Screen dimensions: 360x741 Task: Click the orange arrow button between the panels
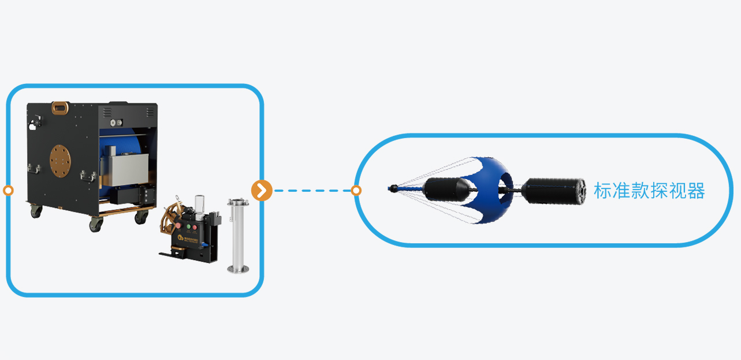click(262, 190)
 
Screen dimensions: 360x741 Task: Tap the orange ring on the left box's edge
click(8, 190)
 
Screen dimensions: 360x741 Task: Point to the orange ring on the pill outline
click(356, 190)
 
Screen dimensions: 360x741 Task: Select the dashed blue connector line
click(312, 190)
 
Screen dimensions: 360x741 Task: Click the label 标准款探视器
click(649, 191)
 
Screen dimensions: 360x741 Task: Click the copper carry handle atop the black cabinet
click(59, 107)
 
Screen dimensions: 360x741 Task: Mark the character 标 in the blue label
click(602, 191)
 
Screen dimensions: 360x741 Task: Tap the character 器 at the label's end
click(696, 191)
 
